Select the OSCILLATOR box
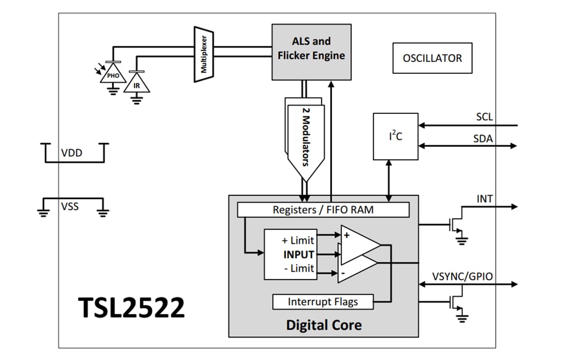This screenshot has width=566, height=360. (x=432, y=58)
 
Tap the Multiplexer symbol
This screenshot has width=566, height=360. (x=203, y=54)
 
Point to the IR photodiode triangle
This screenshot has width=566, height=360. (x=136, y=84)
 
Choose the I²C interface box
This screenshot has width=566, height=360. (x=395, y=136)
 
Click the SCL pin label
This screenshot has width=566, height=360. (x=484, y=116)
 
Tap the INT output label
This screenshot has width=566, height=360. (x=485, y=198)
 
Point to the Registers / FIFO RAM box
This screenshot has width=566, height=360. (x=323, y=210)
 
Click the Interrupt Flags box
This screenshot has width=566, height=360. (x=322, y=302)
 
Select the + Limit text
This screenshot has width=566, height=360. (x=297, y=240)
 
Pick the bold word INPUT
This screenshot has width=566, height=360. (x=297, y=255)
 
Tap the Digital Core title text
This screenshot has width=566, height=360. (x=324, y=325)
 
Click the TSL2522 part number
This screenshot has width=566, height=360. (x=131, y=308)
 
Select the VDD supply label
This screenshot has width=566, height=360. (x=71, y=153)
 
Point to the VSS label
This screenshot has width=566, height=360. (x=70, y=206)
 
